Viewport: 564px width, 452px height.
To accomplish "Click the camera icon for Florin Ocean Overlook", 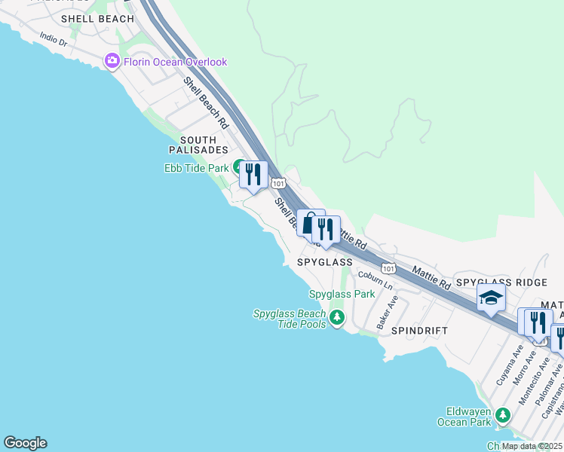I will click(x=113, y=61).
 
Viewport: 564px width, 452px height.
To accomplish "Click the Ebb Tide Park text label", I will click(x=196, y=169).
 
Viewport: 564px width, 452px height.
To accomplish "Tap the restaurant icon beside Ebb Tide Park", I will click(x=253, y=174).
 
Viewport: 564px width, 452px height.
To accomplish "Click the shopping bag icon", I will click(x=308, y=223).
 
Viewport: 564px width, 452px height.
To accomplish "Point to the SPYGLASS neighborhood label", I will click(x=324, y=262).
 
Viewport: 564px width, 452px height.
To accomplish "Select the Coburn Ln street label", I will click(x=375, y=281).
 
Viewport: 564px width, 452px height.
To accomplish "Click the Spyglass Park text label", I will click(x=342, y=294).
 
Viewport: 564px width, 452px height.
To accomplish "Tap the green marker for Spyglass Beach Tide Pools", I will click(x=336, y=319).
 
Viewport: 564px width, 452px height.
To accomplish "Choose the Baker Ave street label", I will click(x=387, y=311).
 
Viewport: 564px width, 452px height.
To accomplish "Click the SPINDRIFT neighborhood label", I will click(x=419, y=331).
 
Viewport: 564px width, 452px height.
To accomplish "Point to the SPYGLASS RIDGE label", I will click(x=501, y=282).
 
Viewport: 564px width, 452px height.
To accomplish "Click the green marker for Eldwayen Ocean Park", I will click(x=503, y=415).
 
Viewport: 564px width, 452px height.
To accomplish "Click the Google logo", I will click(x=25, y=443).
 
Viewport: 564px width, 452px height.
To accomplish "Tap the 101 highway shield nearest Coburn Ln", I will click(x=388, y=268).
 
